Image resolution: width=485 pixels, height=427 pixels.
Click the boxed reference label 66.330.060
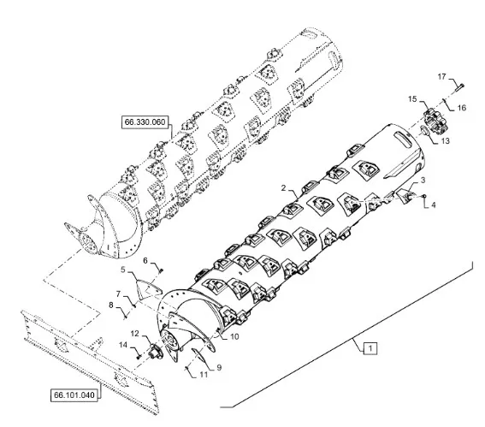pos(145,122)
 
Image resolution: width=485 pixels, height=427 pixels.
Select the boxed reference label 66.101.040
pos(74,395)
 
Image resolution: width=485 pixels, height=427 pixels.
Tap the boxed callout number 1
pos(370,348)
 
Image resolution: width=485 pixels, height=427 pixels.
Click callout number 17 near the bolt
pos(442,76)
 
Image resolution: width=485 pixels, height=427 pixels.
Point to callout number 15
pos(412,99)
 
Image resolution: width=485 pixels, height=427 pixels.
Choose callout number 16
pos(462,108)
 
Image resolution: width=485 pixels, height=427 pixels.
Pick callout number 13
pos(445,141)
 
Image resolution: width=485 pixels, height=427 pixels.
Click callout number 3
pos(423,180)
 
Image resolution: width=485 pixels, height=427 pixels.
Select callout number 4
pos(434,205)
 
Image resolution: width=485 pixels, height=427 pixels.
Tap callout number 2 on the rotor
pos(283,187)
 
